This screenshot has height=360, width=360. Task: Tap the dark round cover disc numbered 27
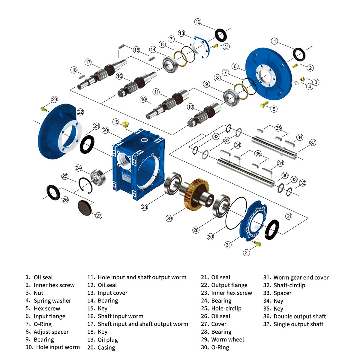pos(85,207)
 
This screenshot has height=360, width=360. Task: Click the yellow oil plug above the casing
pos(126,124)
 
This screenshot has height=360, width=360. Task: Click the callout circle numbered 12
pos(198,22)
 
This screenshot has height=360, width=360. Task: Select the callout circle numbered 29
pos(169,218)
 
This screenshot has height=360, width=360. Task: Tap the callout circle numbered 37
pos(313,142)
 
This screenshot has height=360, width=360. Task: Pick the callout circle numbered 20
pos(105,130)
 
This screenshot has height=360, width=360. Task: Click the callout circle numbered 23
pos(54,99)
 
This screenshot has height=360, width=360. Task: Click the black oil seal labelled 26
pos(53,192)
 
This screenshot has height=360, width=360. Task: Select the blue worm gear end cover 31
pos(254,220)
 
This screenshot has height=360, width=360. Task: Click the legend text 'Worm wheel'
pos(227,340)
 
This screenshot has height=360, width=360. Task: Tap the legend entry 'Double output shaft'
pos(299,316)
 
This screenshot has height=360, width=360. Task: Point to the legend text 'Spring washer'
pos(52,301)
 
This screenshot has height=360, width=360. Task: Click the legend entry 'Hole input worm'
pos(58,347)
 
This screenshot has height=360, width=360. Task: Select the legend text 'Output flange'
pos(229,285)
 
